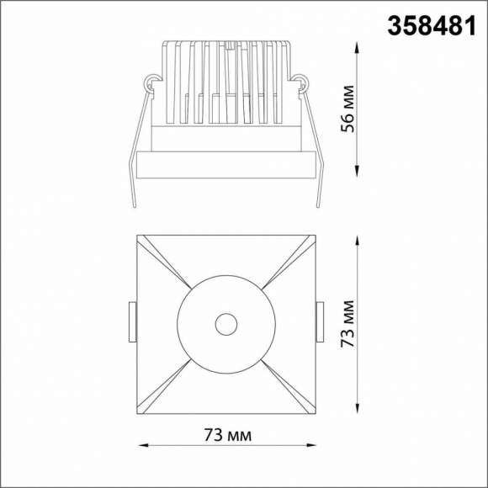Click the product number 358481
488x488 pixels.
tap(427, 26)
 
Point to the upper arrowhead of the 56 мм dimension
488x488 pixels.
tap(360, 48)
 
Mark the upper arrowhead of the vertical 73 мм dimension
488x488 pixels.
tap(360, 237)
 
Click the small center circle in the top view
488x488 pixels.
tap(225, 323)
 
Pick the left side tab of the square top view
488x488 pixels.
tap(133, 322)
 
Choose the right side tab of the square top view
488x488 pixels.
tap(319, 322)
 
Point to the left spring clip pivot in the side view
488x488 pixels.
tap(152, 82)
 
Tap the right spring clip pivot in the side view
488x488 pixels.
tap(300, 82)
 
